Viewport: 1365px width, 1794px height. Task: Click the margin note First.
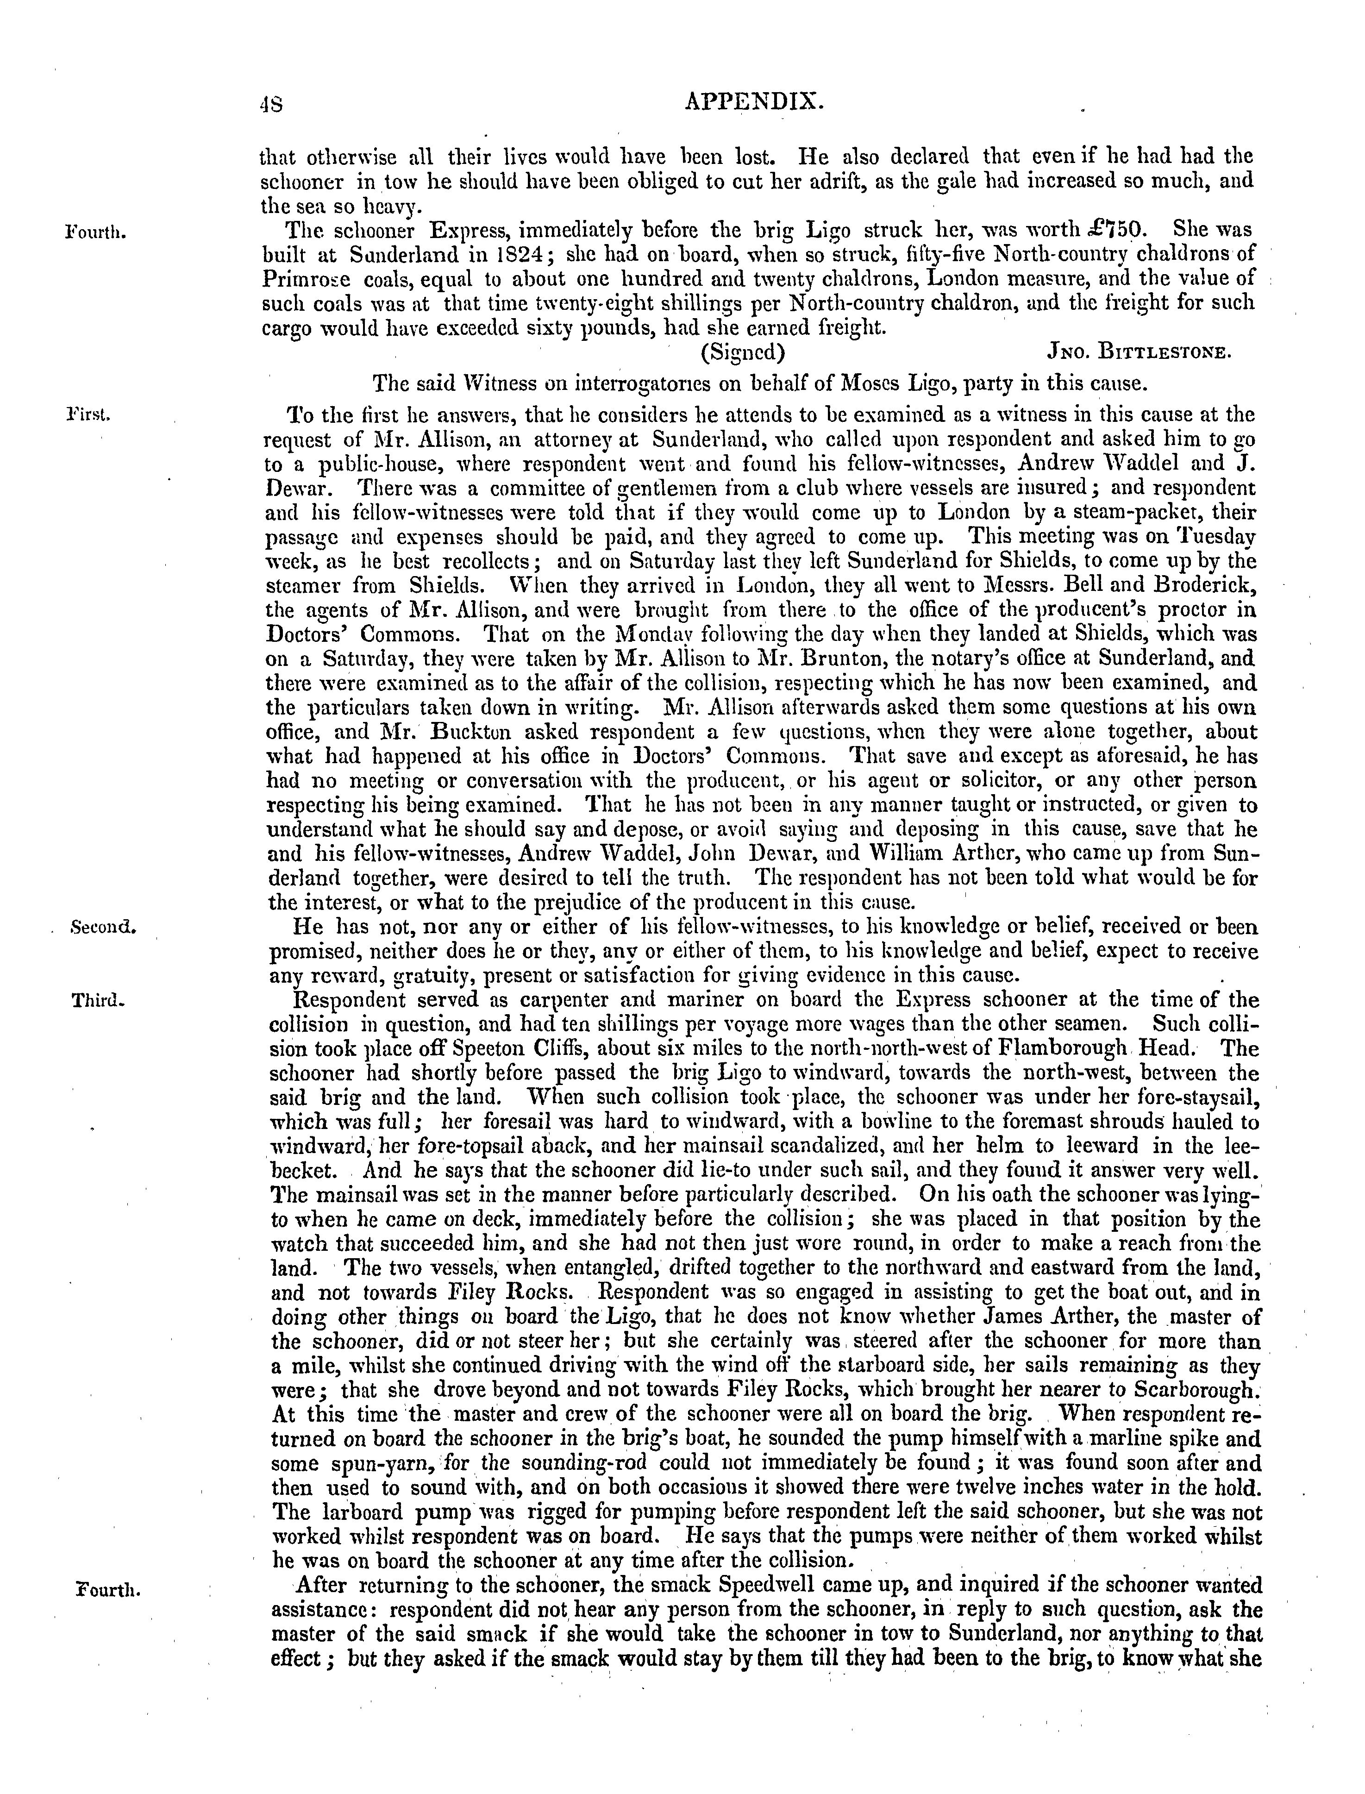pyautogui.click(x=88, y=414)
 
